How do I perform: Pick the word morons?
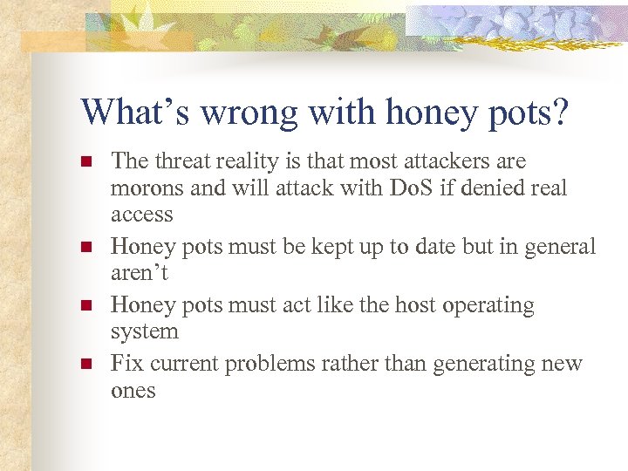tap(145, 188)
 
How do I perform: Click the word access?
tap(141, 215)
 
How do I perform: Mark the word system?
tap(145, 331)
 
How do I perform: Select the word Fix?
tap(126, 364)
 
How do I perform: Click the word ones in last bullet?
tap(133, 390)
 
